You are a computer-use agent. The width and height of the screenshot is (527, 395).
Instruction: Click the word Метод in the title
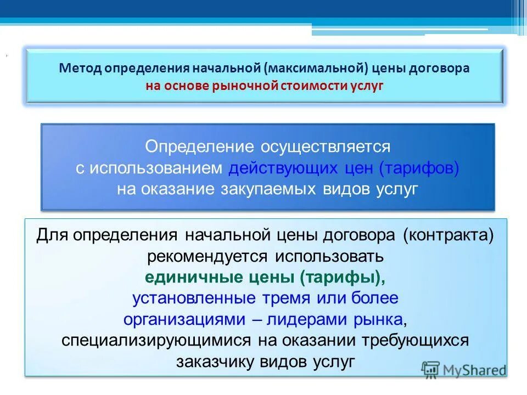[x=80, y=69]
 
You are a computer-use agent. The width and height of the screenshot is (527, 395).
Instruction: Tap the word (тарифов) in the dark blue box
[x=418, y=168]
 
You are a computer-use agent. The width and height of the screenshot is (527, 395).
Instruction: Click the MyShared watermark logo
[x=464, y=370]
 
